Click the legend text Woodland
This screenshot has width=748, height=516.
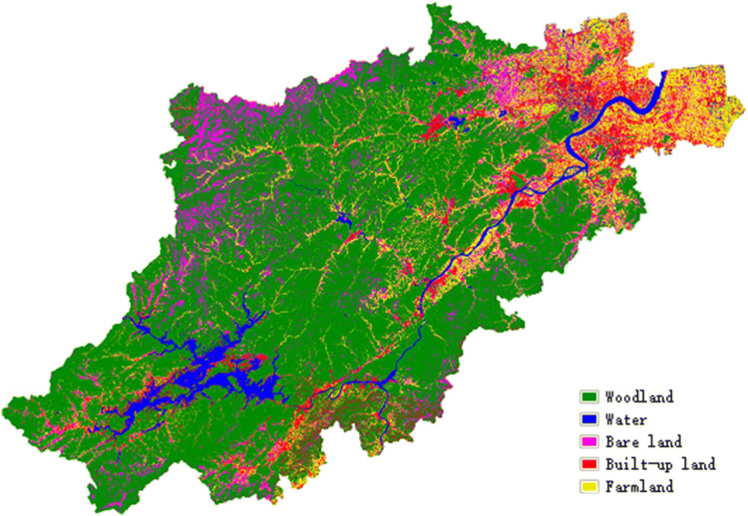[639, 396]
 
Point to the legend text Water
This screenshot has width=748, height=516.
[626, 419]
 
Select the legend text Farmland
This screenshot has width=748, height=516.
[639, 487]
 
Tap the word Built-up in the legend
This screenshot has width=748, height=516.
[635, 464]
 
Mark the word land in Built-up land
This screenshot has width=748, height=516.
[696, 464]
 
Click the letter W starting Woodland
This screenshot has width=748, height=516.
[608, 396]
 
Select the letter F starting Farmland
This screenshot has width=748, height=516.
[608, 487]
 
